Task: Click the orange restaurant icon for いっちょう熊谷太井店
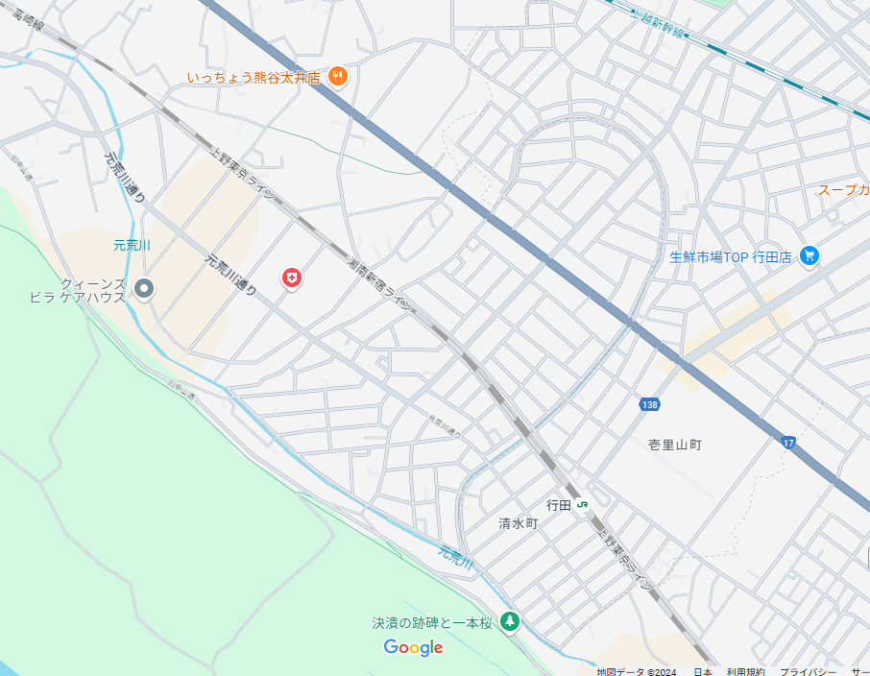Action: [337, 77]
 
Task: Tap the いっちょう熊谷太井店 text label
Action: [254, 78]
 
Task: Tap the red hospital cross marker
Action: [292, 278]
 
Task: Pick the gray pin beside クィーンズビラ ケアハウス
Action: [144, 287]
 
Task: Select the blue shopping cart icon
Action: [810, 256]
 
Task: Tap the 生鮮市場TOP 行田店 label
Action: [730, 257]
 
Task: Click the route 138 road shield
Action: [649, 405]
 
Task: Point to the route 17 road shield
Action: [788, 442]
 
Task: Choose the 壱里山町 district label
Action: [675, 445]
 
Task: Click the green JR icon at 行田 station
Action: [583, 504]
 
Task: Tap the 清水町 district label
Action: [519, 523]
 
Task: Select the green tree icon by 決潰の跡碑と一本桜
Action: [510, 622]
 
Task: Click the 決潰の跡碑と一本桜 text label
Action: [432, 623]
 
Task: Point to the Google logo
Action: [413, 647]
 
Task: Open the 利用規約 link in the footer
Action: [745, 671]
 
